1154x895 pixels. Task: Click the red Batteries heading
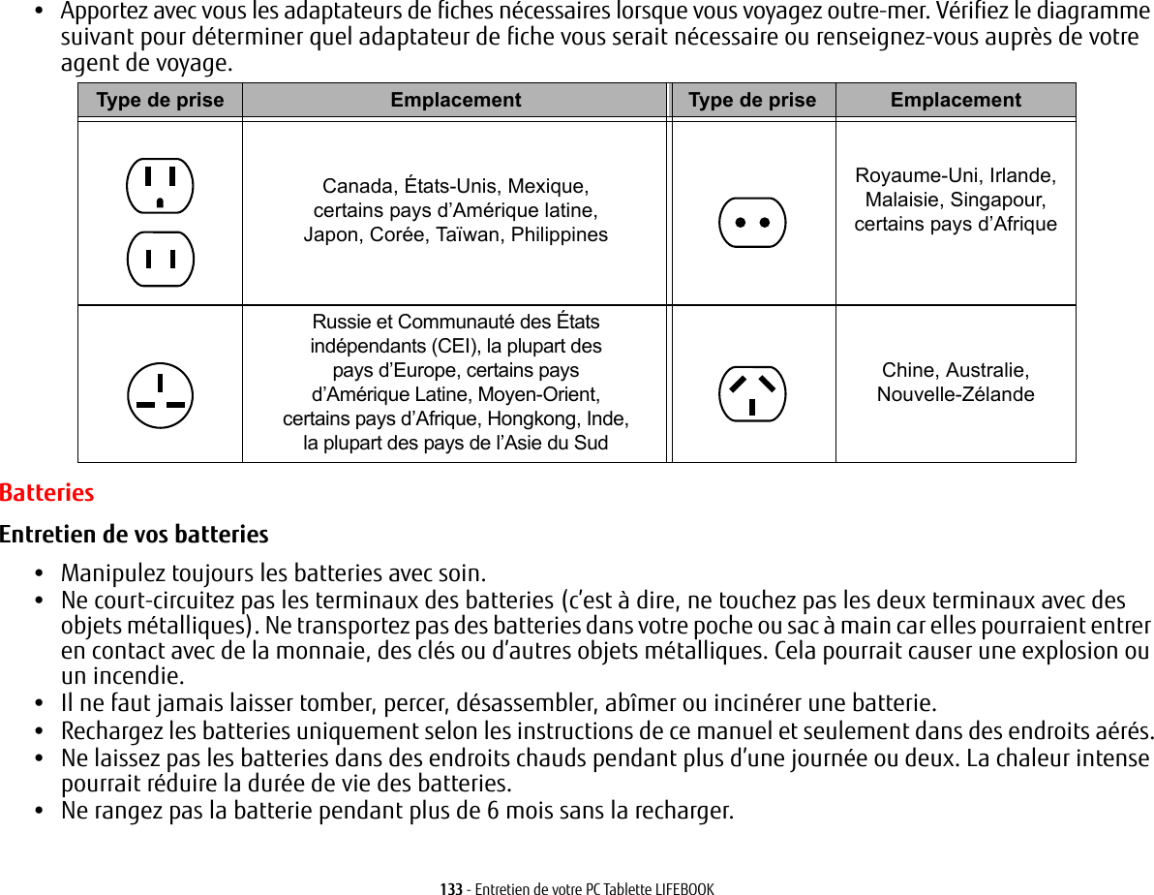tap(47, 493)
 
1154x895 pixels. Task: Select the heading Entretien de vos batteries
tap(135, 535)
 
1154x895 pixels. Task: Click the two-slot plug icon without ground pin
tap(160, 259)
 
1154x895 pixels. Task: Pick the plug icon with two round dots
tap(752, 223)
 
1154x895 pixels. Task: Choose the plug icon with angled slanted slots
tap(752, 394)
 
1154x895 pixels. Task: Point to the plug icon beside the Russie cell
tap(160, 395)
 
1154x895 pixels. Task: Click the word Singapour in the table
tap(997, 200)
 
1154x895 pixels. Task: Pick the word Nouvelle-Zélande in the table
tap(956, 394)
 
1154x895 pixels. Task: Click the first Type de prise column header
tap(160, 100)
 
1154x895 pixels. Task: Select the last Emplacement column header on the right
tap(956, 100)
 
